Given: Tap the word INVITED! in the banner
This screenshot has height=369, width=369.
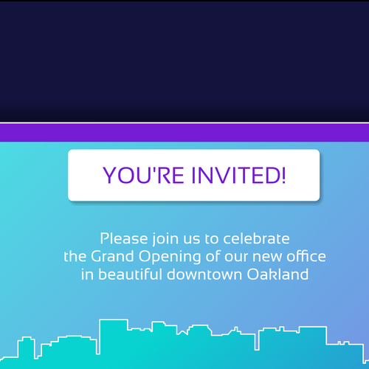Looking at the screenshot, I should (x=235, y=175).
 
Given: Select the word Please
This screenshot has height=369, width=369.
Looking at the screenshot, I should (x=123, y=238).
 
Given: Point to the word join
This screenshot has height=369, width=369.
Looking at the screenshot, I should (x=163, y=240).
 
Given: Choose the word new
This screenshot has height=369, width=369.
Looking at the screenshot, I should (x=261, y=257).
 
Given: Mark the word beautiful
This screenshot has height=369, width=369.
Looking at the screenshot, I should (x=133, y=274).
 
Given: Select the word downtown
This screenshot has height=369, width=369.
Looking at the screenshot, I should (x=209, y=274).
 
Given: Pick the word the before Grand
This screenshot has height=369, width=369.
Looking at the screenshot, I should (x=75, y=256).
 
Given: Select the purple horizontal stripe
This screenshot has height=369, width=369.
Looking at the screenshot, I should (x=184, y=132).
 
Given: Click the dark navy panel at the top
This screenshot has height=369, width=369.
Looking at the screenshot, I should (x=184, y=59).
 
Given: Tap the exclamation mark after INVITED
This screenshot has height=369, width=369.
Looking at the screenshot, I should (x=281, y=175).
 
